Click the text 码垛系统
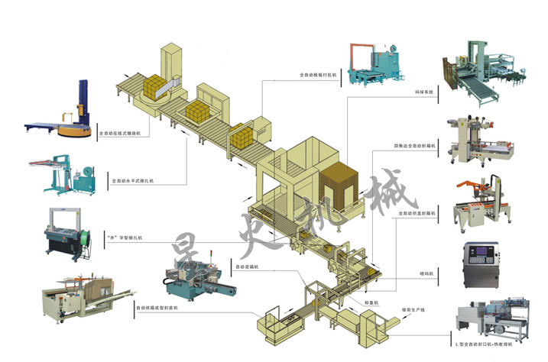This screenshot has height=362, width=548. (x=423, y=92)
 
